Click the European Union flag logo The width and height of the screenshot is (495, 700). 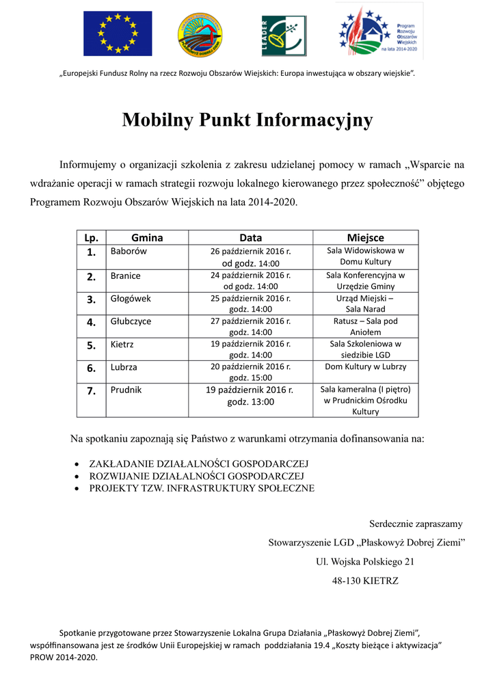point(118,33)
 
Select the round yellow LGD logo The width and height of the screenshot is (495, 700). point(199,34)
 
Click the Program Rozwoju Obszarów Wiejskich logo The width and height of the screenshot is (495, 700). point(378,31)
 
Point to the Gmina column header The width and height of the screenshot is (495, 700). point(147,238)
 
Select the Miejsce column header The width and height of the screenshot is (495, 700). point(365,238)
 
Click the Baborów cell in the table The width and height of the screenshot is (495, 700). point(129,251)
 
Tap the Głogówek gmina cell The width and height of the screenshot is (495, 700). point(131,299)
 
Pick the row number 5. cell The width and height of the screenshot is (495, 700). point(91,345)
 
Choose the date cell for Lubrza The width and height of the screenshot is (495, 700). point(250,372)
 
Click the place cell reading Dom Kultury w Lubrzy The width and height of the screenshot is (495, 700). point(365,366)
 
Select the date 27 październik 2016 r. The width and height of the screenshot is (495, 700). point(250,321)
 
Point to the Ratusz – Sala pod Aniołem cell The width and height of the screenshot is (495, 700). point(365,326)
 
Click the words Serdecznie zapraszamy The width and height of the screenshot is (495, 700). point(416,524)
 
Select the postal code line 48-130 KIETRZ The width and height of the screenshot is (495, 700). point(365,581)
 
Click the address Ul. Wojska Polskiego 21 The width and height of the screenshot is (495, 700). point(365,562)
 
